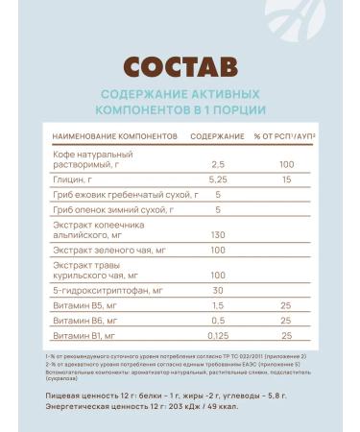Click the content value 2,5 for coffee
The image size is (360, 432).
[x=217, y=164]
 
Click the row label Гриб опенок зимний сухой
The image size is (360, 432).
[x=107, y=208]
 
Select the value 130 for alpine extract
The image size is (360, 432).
[x=217, y=235]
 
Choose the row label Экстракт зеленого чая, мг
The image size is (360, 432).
[x=110, y=249]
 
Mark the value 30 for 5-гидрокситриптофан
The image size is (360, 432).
[x=217, y=290]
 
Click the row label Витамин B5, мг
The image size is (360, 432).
[x=84, y=304]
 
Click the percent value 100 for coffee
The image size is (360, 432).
[x=285, y=164]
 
